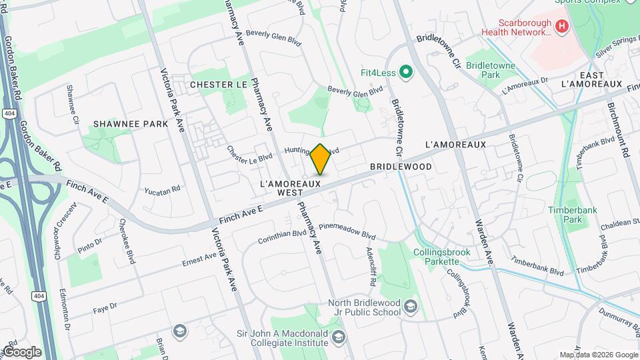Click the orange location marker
pyautogui.click(x=321, y=159)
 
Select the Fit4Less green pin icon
pyautogui.click(x=405, y=71)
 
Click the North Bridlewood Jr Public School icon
pyautogui.click(x=411, y=307)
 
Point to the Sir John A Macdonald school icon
pyautogui.click(x=339, y=336)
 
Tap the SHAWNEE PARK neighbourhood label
pyautogui.click(x=131, y=124)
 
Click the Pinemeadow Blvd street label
pyautogui.click(x=347, y=231)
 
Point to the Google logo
pyautogui.click(x=22, y=351)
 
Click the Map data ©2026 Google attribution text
pyautogui.click(x=598, y=355)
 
